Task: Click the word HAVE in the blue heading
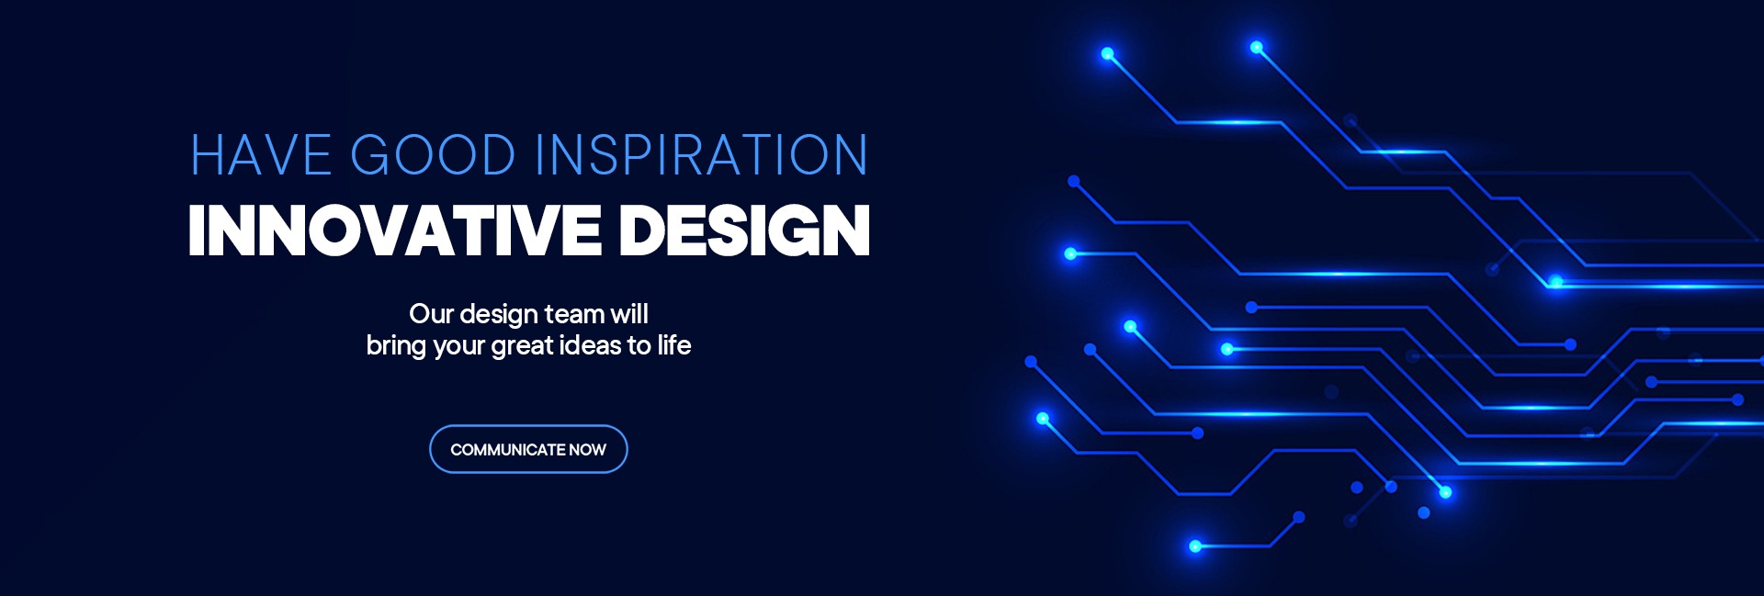coord(261,155)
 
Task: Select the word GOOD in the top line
coord(433,155)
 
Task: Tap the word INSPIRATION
coord(702,155)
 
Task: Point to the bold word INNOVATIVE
coord(394,230)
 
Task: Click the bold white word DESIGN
coord(745,230)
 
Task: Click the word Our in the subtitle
coord(431,314)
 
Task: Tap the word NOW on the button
coord(588,450)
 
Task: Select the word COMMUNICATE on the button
coord(507,450)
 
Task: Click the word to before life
coord(639,346)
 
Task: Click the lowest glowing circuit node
coord(1195,546)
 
